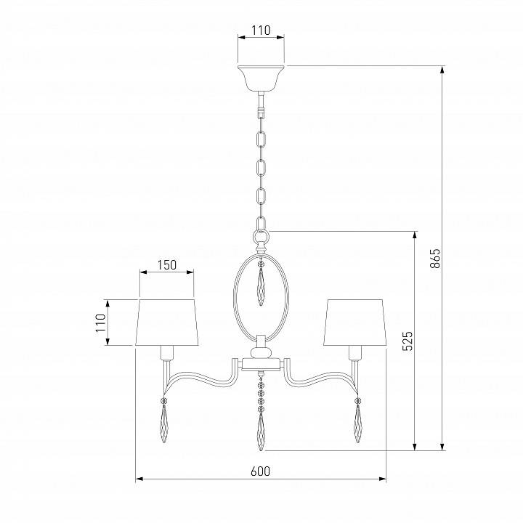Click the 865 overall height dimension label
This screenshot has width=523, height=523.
click(x=435, y=258)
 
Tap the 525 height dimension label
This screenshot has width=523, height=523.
click(x=408, y=341)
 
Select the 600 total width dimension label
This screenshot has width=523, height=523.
click(x=260, y=471)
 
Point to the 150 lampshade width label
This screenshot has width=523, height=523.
click(x=167, y=265)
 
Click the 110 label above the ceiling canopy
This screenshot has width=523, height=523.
click(x=261, y=31)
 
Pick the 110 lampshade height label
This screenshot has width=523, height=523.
click(x=100, y=323)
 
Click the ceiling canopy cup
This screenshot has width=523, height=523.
click(x=261, y=78)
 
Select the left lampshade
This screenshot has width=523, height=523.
click(x=167, y=323)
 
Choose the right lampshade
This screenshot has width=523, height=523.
click(x=355, y=323)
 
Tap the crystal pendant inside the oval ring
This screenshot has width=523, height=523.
click(x=261, y=287)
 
